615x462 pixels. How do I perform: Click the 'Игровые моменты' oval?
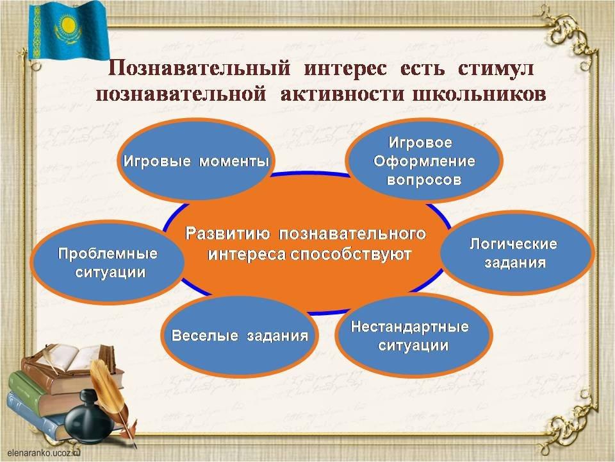(195, 160)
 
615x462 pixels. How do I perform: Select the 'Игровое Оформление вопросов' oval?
(424, 160)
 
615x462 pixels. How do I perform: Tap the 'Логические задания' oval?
(516, 252)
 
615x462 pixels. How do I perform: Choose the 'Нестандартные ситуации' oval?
(413, 336)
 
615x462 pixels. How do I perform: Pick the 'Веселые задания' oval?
(239, 336)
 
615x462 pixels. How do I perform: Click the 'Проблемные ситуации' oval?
(108, 262)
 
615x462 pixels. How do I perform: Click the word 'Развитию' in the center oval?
(227, 234)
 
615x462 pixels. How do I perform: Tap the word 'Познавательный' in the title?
(199, 69)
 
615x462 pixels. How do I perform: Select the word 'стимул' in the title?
(496, 69)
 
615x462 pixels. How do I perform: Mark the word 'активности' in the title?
(342, 94)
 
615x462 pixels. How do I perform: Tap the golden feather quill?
(111, 397)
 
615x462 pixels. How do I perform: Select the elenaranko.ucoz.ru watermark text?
(44, 452)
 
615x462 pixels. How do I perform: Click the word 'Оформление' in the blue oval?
(424, 161)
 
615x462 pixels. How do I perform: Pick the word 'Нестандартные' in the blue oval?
(410, 327)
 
